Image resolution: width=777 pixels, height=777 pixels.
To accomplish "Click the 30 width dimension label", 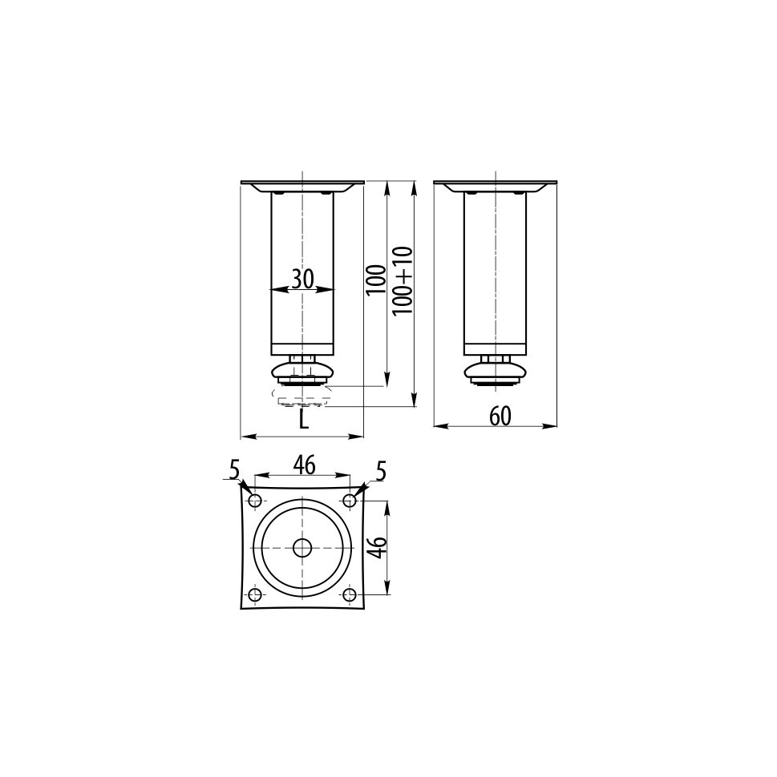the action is click(302, 279).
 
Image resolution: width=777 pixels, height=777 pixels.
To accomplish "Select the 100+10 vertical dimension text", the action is click(403, 280).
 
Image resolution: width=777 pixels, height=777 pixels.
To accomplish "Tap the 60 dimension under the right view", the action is click(500, 417).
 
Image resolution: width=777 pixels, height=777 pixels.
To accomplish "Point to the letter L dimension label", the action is click(304, 420).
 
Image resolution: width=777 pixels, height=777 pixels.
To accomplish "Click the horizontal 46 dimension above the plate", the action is click(304, 465).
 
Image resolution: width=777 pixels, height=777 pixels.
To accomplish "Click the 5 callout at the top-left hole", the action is click(235, 469).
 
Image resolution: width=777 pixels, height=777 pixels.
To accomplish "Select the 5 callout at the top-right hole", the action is click(381, 471).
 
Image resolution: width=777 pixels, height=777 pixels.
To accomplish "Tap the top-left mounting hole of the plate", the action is click(255, 500).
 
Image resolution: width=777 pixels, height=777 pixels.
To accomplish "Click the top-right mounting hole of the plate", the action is click(350, 500).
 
